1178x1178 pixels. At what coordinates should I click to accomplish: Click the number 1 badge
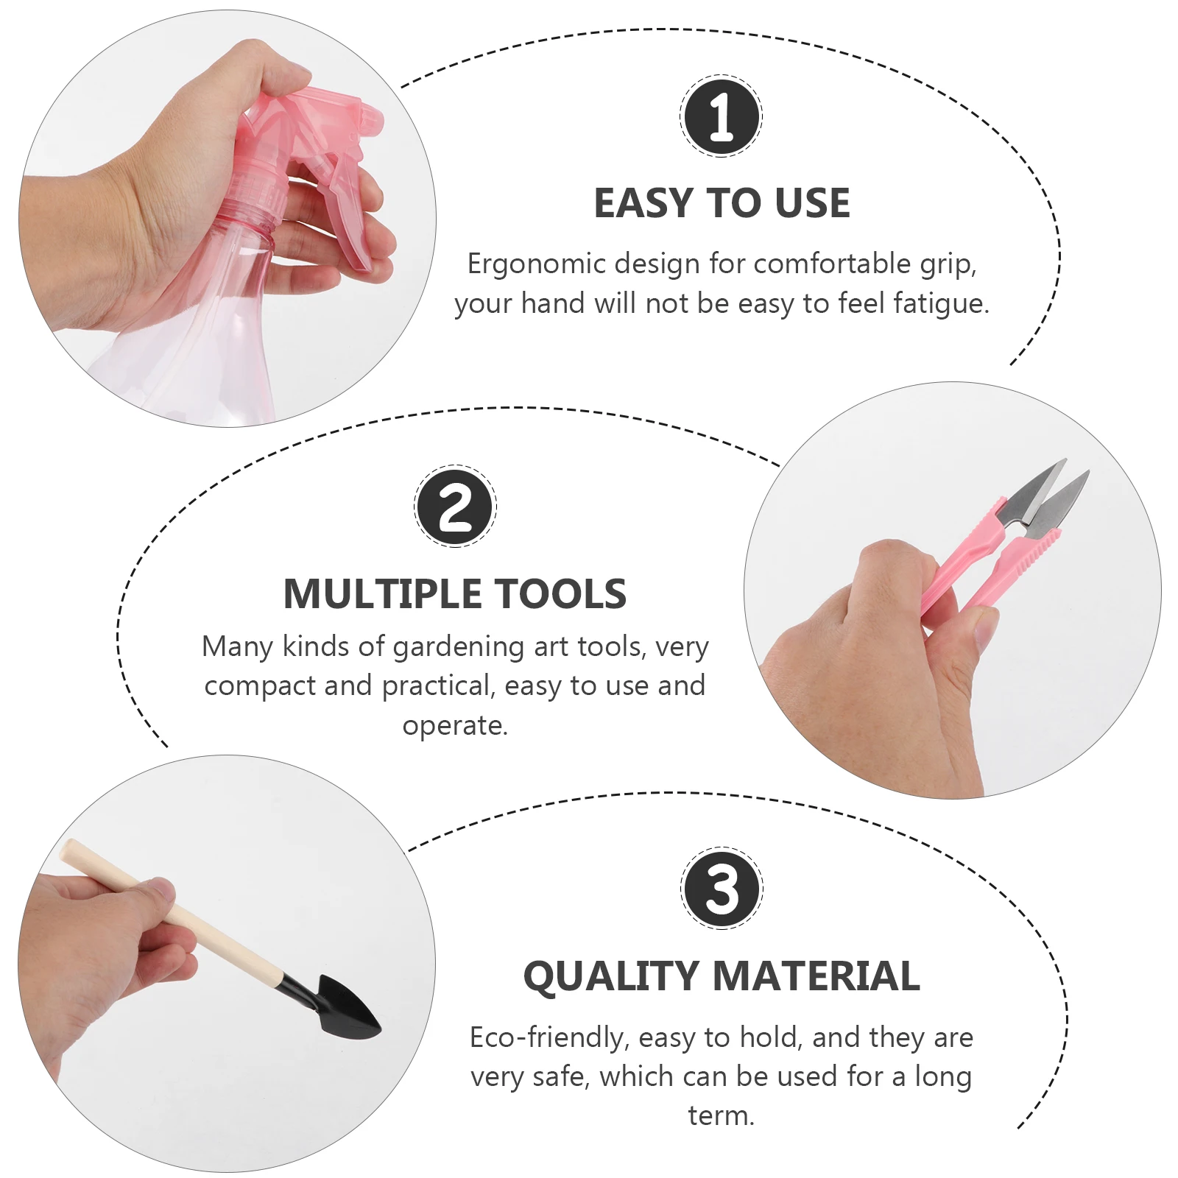coord(721,116)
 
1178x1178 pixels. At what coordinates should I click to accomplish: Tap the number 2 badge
coord(455,507)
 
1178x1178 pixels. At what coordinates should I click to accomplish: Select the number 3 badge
coord(722,888)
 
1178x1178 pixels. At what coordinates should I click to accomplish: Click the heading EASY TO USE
coord(722,203)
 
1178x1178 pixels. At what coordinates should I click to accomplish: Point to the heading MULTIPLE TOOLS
coord(455,594)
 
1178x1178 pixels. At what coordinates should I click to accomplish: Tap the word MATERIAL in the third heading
coord(817,976)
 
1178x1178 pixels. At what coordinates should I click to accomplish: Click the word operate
coord(455,727)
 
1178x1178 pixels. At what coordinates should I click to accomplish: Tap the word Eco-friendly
coord(549,1038)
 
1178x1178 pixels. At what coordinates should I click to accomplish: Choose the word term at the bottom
coord(722,1115)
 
